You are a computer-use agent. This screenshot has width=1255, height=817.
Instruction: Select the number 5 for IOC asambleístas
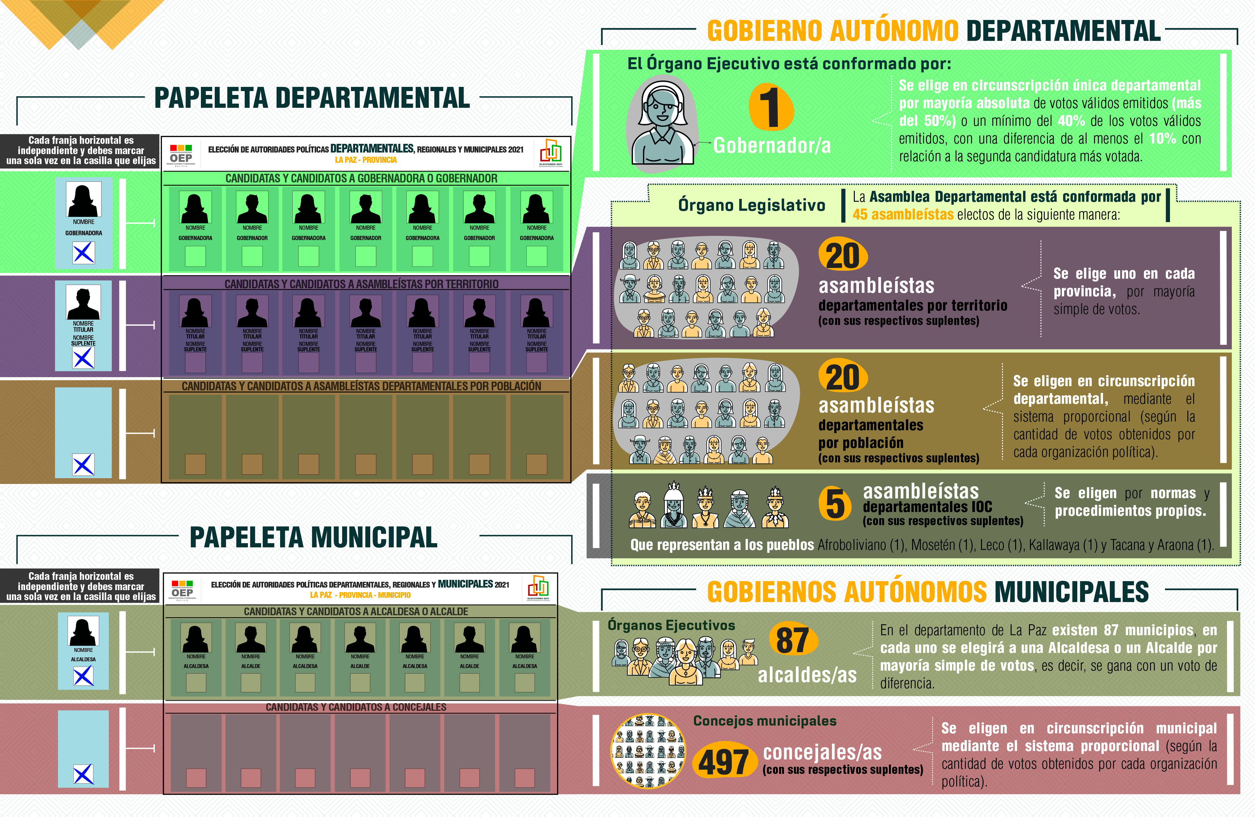[x=835, y=503]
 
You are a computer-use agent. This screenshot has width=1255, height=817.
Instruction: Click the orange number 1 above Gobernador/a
[x=771, y=107]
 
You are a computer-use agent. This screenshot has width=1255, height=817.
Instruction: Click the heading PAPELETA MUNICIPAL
[x=313, y=538]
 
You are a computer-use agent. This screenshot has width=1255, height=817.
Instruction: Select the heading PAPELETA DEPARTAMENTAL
[x=312, y=98]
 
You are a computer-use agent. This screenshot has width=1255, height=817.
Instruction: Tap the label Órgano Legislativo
[x=751, y=205]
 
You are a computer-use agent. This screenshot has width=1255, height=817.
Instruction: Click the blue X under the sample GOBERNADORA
[x=83, y=253]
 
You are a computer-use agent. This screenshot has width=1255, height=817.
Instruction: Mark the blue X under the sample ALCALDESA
[x=83, y=675]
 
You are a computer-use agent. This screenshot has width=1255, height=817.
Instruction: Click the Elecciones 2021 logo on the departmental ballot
[x=551, y=152]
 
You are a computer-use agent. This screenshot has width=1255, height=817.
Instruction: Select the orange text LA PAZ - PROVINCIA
[x=366, y=160]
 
